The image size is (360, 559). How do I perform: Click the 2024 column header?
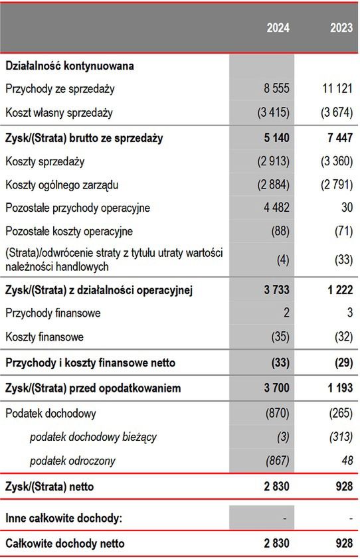[278, 28]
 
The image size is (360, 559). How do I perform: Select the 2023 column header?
[341, 28]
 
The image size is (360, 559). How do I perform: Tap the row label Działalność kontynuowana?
[70, 66]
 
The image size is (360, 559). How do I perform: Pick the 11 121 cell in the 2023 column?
[336, 88]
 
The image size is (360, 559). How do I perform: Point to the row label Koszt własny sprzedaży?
[59, 112]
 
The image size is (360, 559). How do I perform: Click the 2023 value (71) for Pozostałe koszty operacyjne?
[343, 231]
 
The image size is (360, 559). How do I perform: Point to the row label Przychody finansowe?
[52, 313]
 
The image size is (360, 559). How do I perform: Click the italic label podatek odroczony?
[73, 460]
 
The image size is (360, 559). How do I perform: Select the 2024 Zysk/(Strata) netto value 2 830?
[276, 487]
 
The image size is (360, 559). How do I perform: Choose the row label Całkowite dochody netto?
[64, 544]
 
